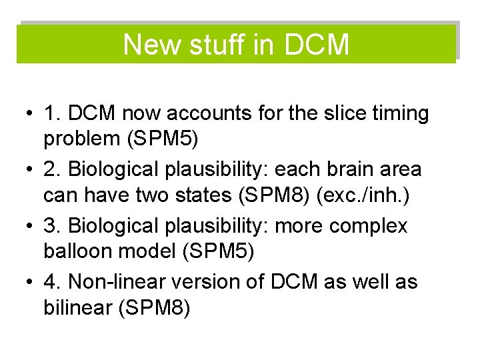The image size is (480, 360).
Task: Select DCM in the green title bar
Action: point(316,45)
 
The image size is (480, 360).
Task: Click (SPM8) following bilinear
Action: point(154,309)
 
